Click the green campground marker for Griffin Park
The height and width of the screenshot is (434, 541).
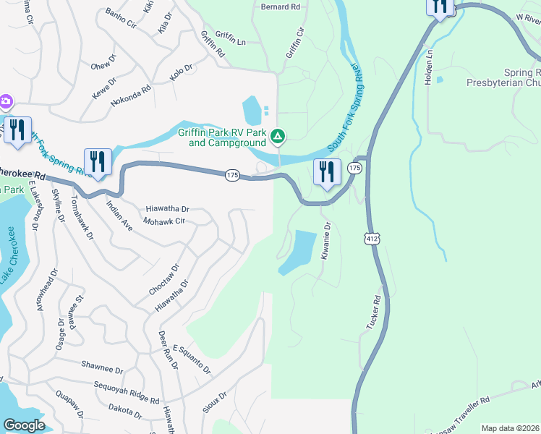(x=277, y=136)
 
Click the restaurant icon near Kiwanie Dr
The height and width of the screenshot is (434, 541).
(x=326, y=172)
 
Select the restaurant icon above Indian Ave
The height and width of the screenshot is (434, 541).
(x=97, y=161)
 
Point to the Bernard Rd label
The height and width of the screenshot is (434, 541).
(x=279, y=7)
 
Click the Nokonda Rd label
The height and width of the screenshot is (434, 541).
(x=131, y=97)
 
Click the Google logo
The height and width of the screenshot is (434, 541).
(x=25, y=425)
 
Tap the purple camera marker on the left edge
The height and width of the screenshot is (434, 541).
(x=4, y=101)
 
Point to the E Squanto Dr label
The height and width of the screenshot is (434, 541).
(x=192, y=359)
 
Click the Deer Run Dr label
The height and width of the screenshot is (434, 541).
(x=167, y=349)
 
